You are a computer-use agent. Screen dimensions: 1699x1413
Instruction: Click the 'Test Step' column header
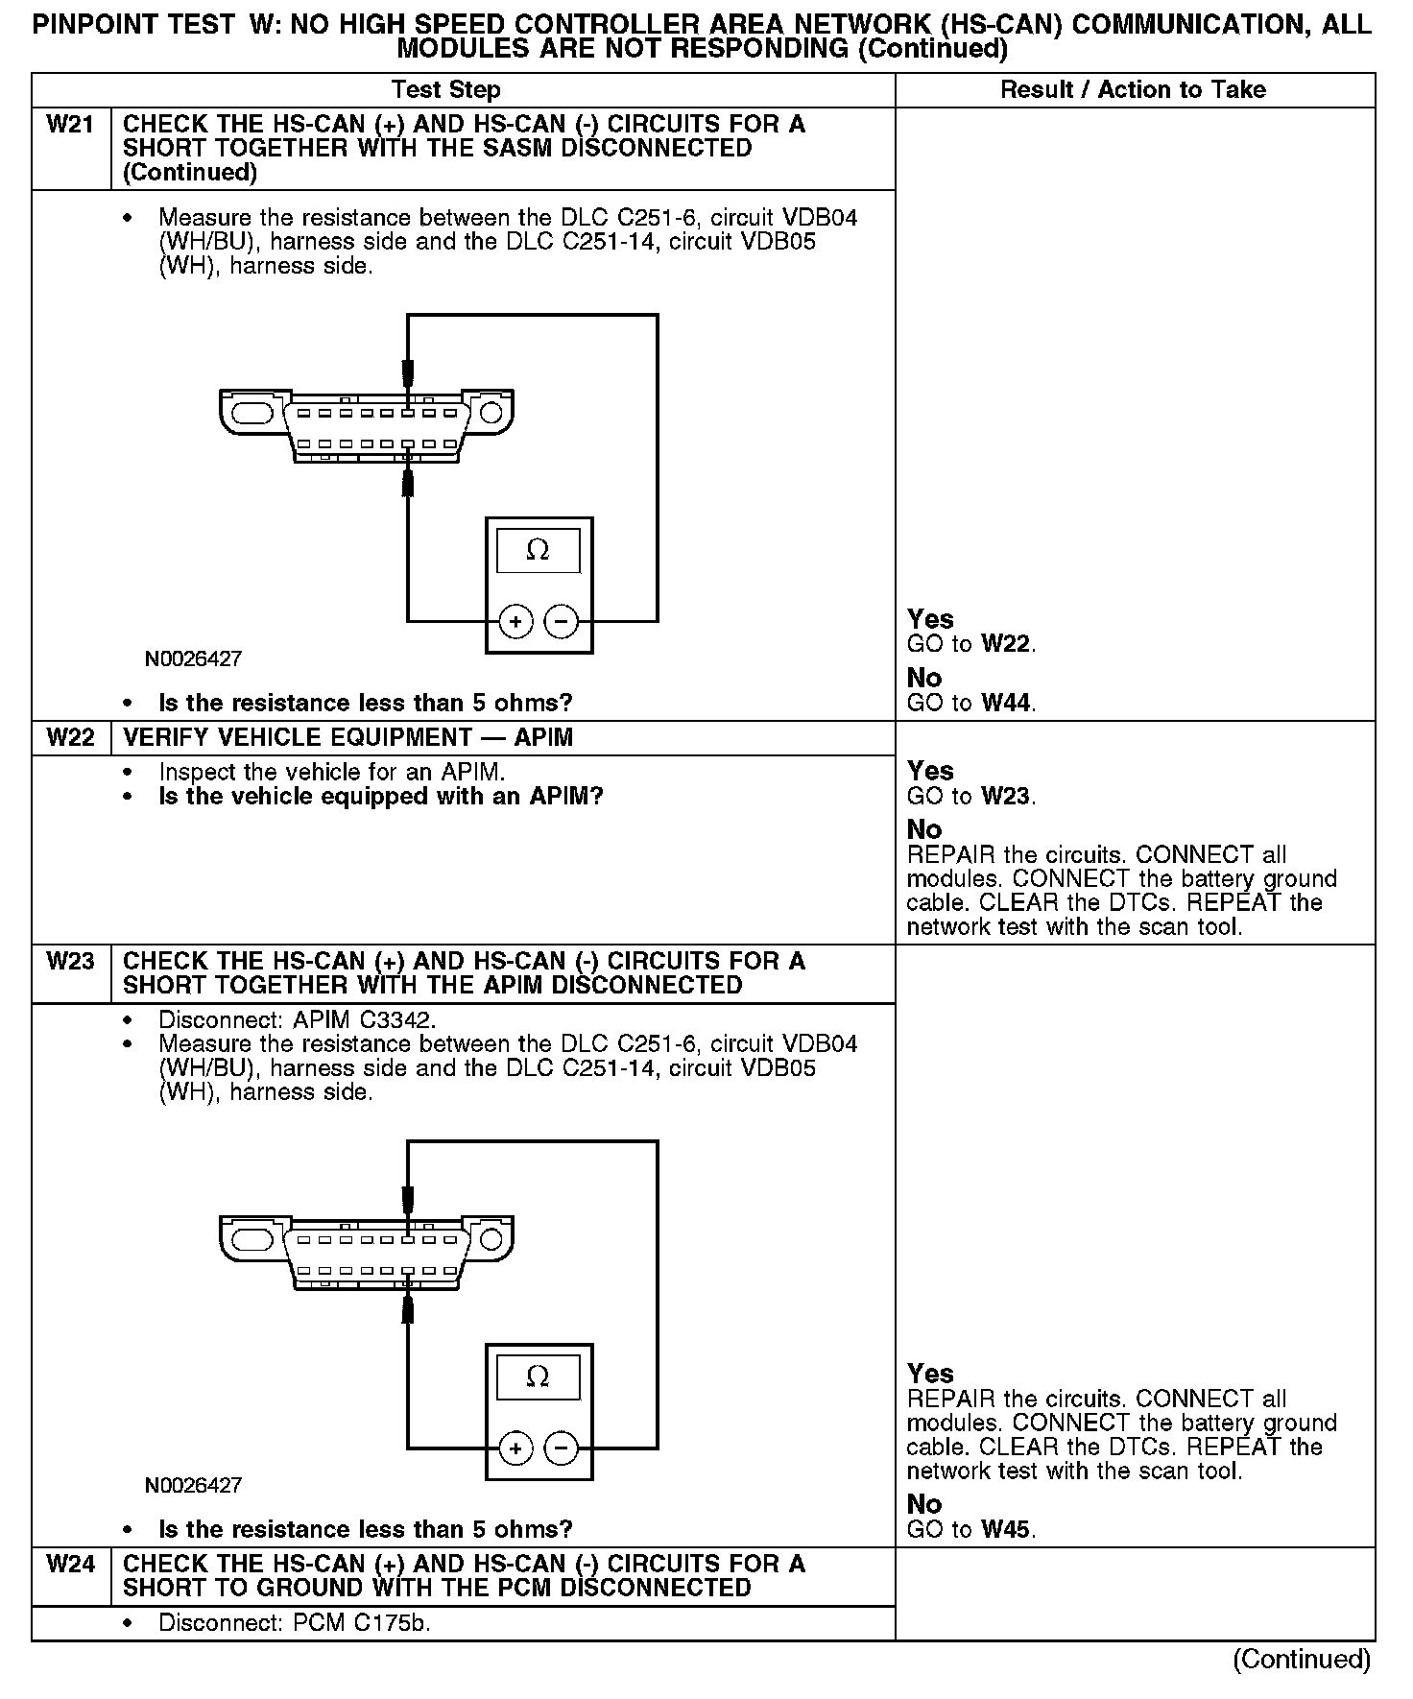click(x=445, y=90)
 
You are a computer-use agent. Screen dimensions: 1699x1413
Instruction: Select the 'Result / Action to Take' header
click(x=1133, y=90)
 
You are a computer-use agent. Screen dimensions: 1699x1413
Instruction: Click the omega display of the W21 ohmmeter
click(x=539, y=551)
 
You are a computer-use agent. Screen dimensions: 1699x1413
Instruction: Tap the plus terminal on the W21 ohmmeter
click(x=515, y=622)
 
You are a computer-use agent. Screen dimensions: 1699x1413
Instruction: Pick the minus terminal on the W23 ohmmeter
click(x=562, y=1448)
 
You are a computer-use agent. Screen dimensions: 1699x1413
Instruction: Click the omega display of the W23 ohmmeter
click(x=539, y=1377)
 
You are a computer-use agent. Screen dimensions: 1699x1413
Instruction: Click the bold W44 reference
click(x=1007, y=704)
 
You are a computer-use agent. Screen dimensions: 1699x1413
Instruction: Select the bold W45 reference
click(x=1007, y=1529)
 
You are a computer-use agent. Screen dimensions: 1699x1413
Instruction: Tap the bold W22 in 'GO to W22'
click(x=1007, y=644)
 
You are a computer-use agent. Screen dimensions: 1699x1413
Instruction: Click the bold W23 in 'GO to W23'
click(x=1007, y=796)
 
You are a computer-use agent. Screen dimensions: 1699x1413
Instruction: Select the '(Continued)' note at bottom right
click(x=1302, y=1659)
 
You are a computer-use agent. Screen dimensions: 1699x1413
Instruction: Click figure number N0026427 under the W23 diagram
click(x=193, y=1485)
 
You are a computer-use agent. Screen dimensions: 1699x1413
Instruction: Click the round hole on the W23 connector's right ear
click(x=491, y=1239)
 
